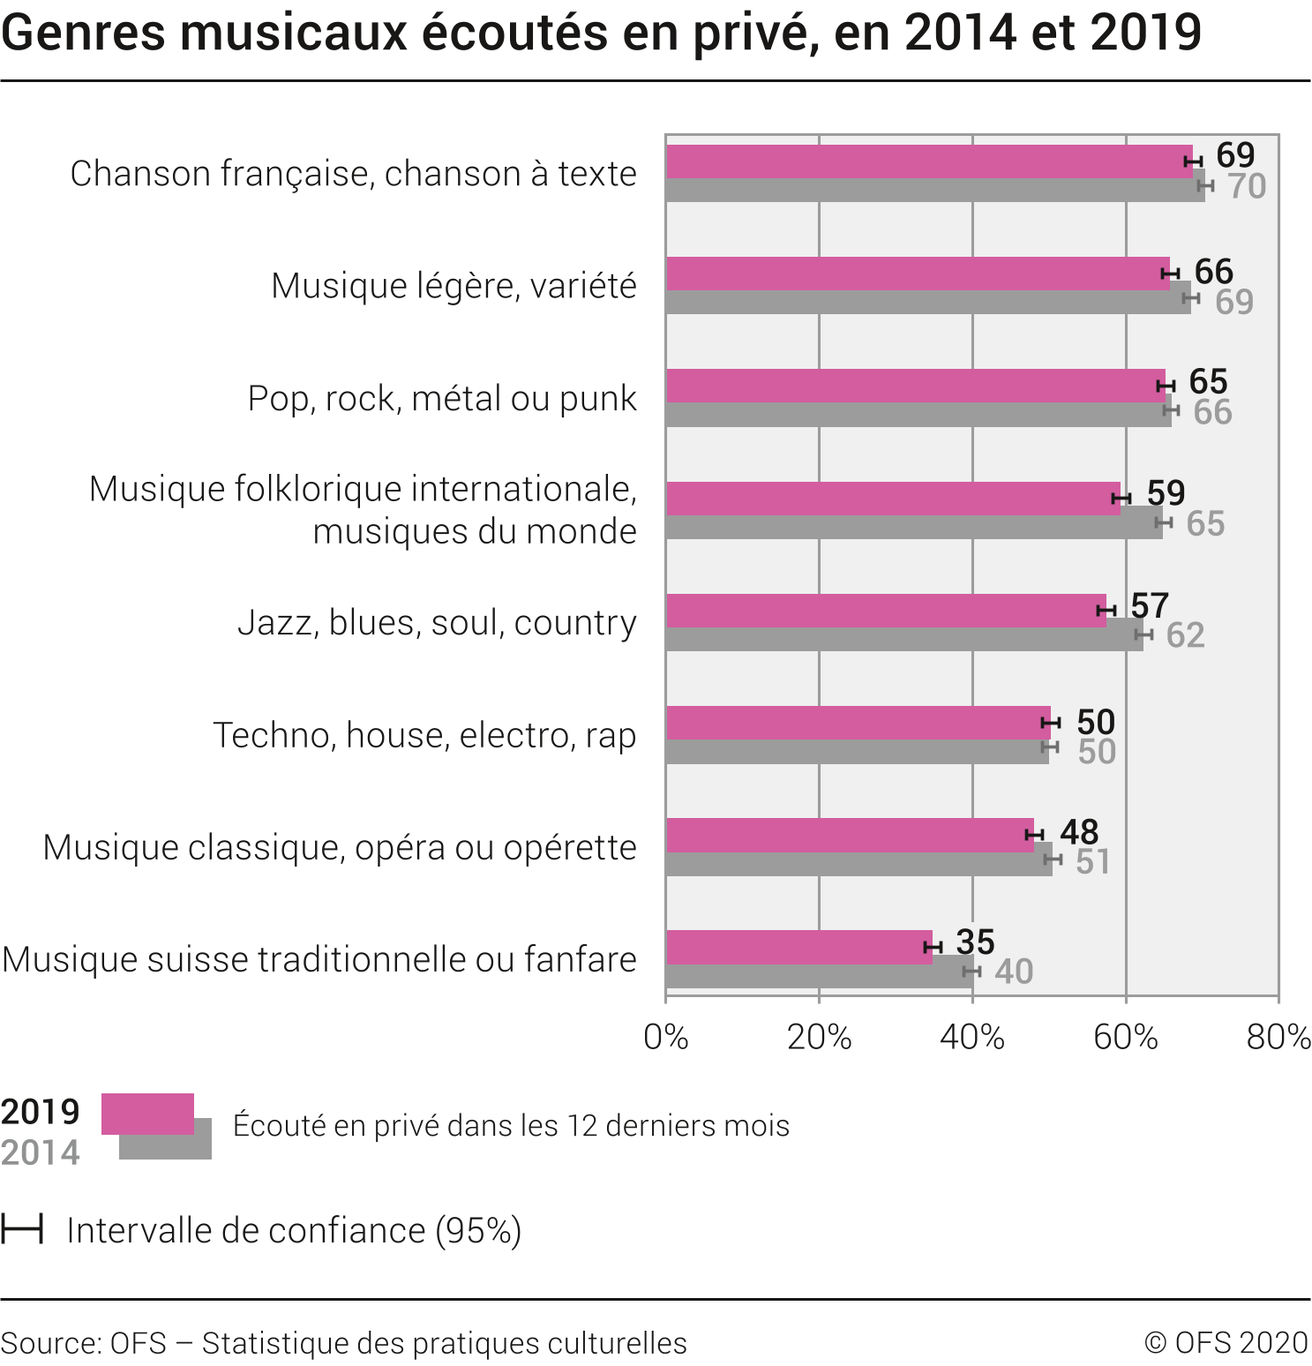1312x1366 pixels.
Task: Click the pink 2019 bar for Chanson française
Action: point(926,161)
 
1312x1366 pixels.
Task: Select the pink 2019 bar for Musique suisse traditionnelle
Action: point(798,947)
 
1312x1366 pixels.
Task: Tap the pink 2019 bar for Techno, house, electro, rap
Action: point(856,723)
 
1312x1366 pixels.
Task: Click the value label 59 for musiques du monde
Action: point(1166,493)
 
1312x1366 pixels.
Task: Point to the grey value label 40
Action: point(1014,972)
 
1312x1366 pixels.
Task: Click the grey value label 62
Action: point(1185,635)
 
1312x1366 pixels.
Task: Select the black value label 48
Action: point(1079,832)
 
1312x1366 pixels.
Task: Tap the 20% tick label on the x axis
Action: point(819,1038)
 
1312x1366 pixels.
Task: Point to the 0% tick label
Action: point(666,1038)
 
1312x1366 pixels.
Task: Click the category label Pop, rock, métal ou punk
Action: point(442,399)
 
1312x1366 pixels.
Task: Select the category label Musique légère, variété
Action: point(454,286)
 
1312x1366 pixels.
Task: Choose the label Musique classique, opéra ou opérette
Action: point(340,847)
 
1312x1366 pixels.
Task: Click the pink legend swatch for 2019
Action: point(147,1114)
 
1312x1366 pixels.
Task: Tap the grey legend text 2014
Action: point(41,1152)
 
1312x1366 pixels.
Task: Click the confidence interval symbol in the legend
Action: point(22,1229)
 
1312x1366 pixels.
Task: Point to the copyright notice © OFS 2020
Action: point(1226,1343)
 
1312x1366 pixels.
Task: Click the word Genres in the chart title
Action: point(84,34)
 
